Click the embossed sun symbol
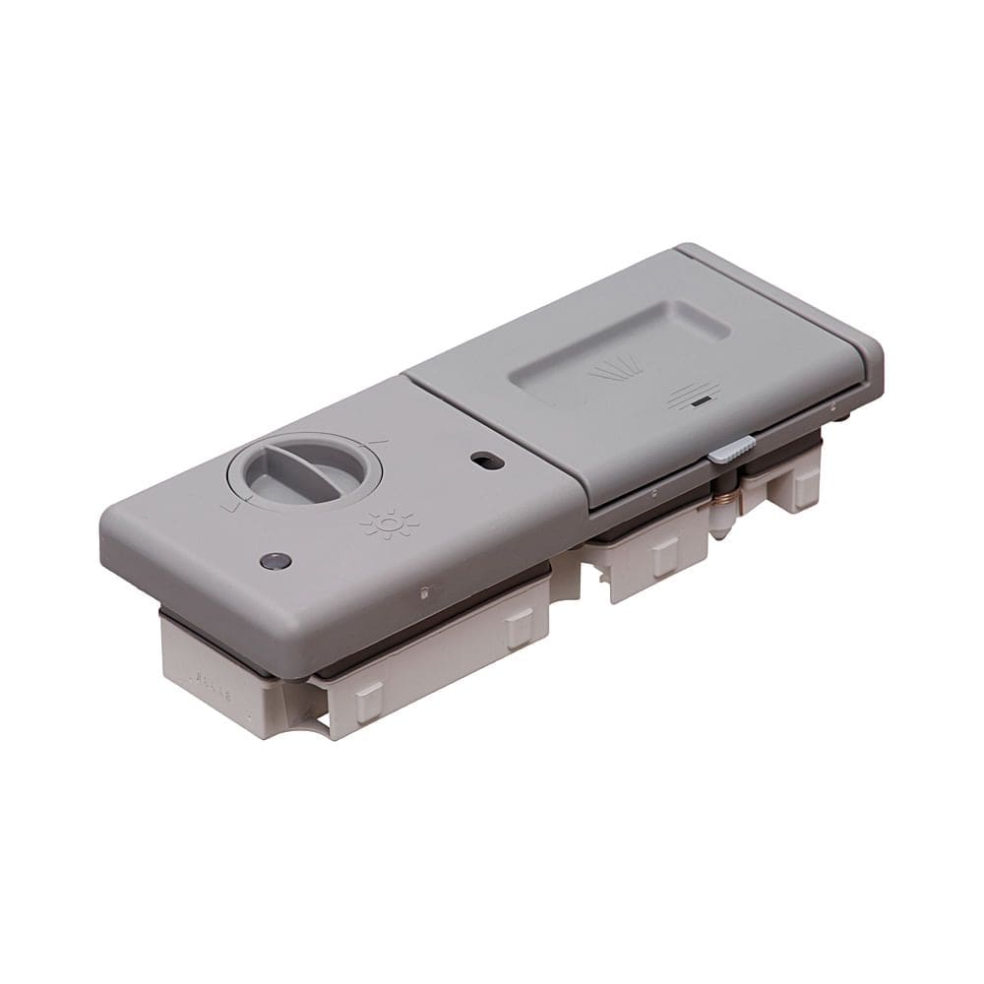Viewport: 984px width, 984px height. click(x=390, y=523)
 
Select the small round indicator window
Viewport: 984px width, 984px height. click(x=276, y=562)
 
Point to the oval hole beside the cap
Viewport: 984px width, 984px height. click(x=487, y=460)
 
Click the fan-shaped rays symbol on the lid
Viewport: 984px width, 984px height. click(x=616, y=368)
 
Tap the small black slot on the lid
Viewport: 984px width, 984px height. click(x=700, y=401)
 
